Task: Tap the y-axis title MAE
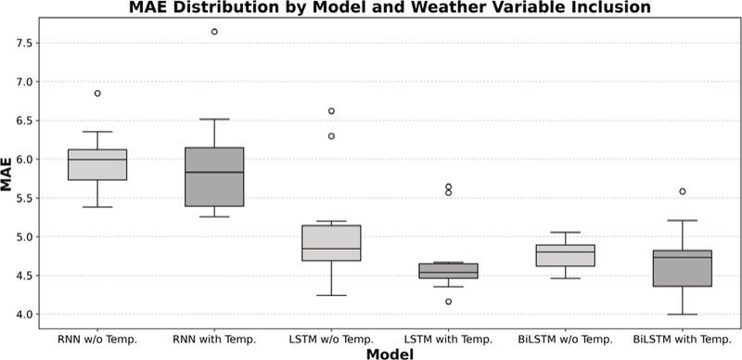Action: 8,177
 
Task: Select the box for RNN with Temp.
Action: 215,176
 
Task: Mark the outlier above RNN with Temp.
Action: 215,32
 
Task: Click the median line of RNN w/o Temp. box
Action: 97,160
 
